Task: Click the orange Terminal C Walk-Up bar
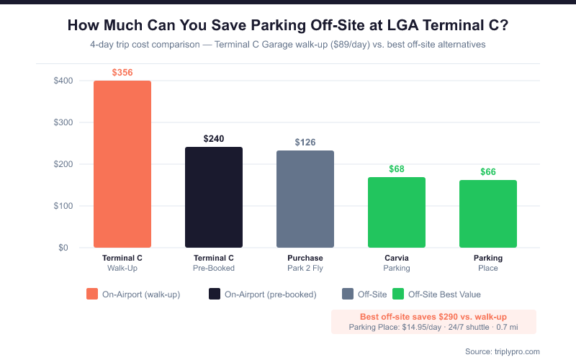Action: coord(122,164)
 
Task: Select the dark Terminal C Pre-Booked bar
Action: coord(214,197)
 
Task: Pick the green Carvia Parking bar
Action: coord(397,212)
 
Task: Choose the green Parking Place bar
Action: coord(488,214)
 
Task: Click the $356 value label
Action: coord(122,73)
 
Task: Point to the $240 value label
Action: coord(214,138)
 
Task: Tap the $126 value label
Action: coord(305,143)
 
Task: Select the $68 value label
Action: coord(397,169)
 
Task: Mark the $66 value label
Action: coord(488,172)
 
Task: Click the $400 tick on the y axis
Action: coord(63,81)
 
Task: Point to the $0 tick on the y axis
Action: coord(66,248)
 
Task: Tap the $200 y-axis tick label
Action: coord(63,164)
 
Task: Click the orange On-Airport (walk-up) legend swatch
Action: coord(91,294)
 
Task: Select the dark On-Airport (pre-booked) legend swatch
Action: coord(214,294)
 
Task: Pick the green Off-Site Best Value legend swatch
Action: coord(397,294)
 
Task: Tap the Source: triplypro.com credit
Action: coord(503,351)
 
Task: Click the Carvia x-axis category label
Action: coord(397,258)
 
